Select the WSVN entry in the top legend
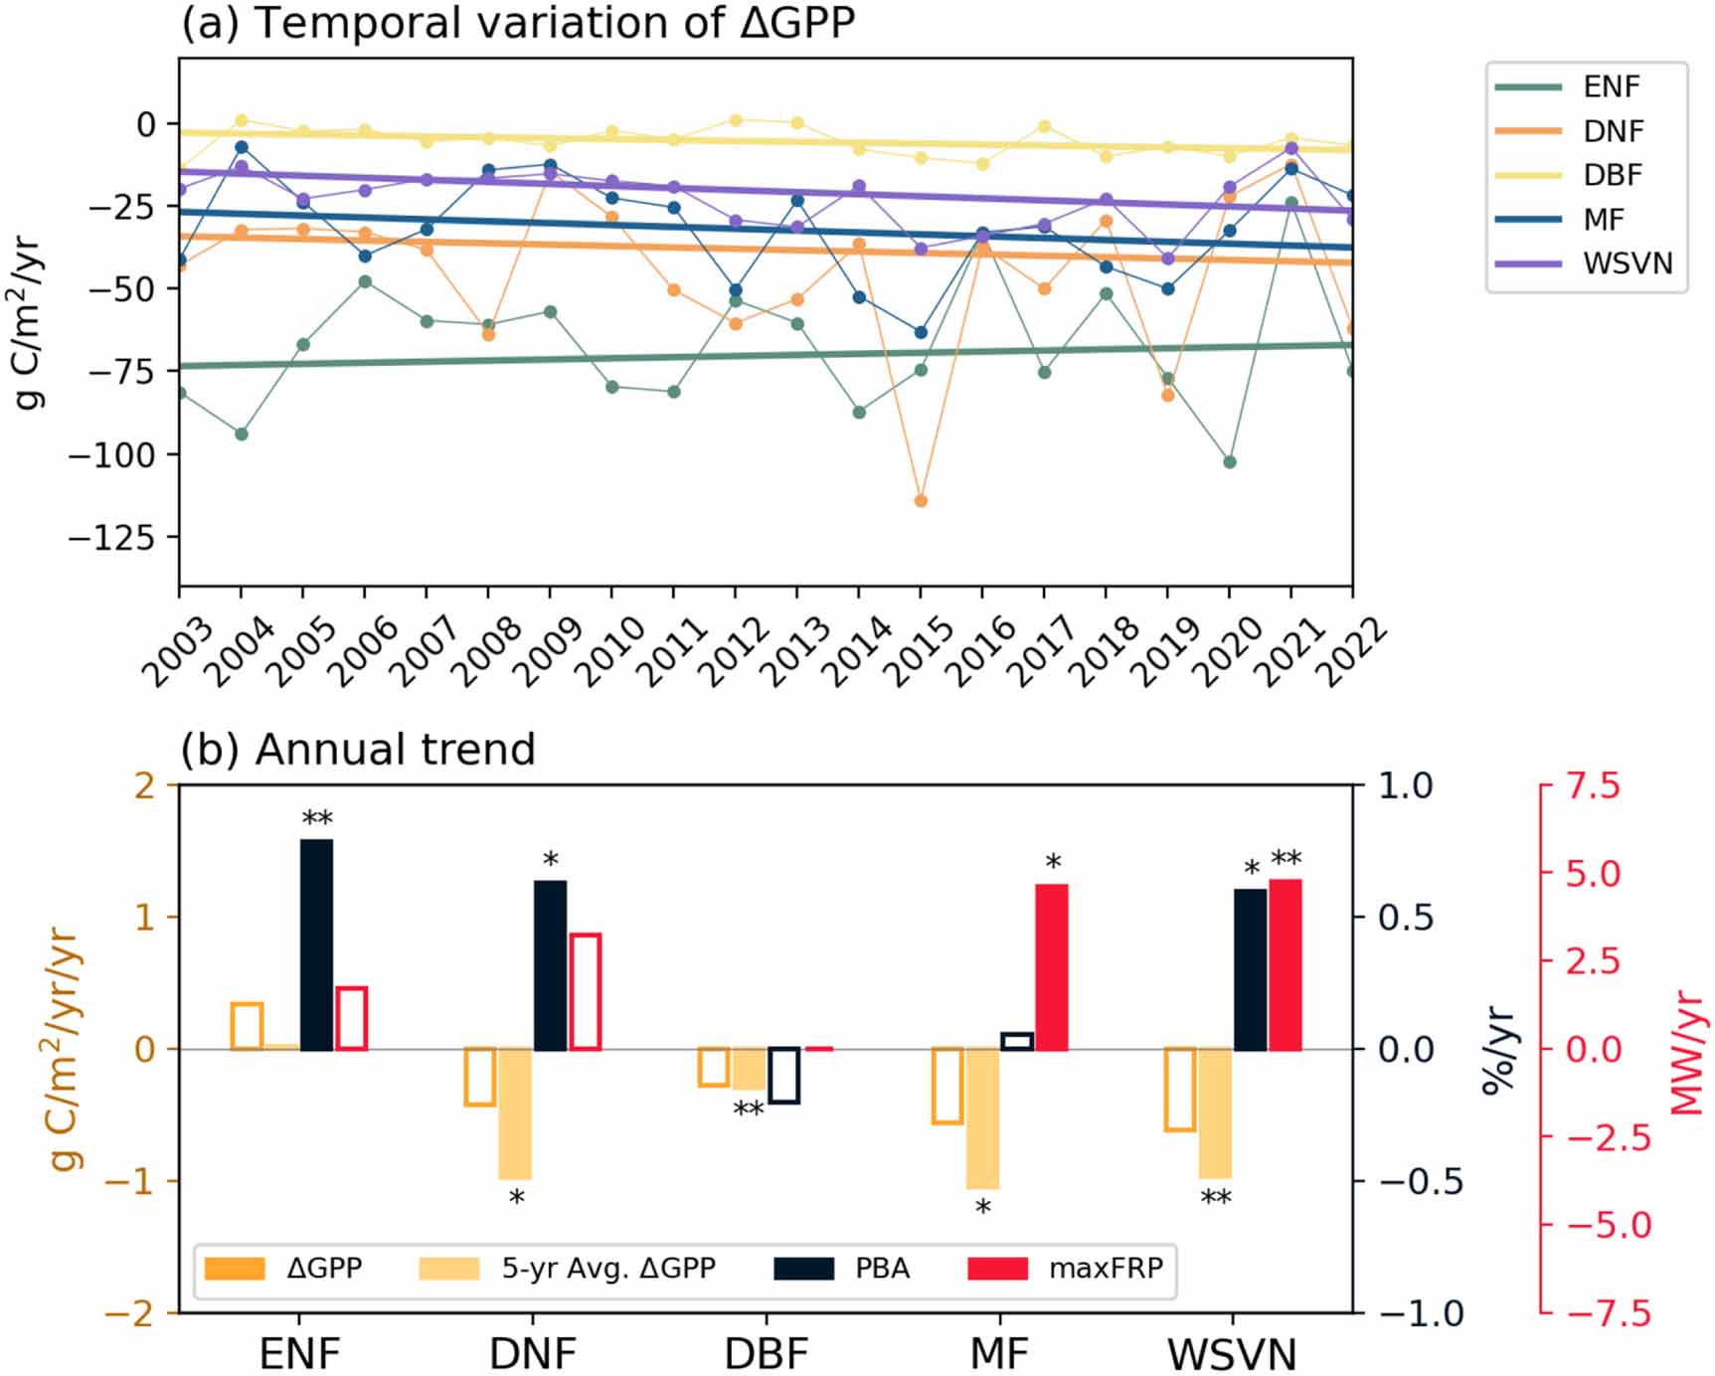[1628, 263]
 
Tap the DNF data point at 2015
[921, 501]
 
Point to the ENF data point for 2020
[1230, 462]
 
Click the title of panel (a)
[517, 22]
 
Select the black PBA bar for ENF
[316, 945]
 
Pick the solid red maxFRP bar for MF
[1052, 966]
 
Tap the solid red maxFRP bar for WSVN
[1286, 964]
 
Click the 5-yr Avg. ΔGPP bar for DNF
[515, 1114]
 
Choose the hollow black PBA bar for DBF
[783, 1075]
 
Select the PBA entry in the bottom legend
[882, 1269]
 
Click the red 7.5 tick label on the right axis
[1593, 786]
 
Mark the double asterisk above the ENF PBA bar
[317, 819]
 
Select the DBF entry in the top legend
[1613, 175]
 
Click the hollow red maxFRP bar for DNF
[585, 991]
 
